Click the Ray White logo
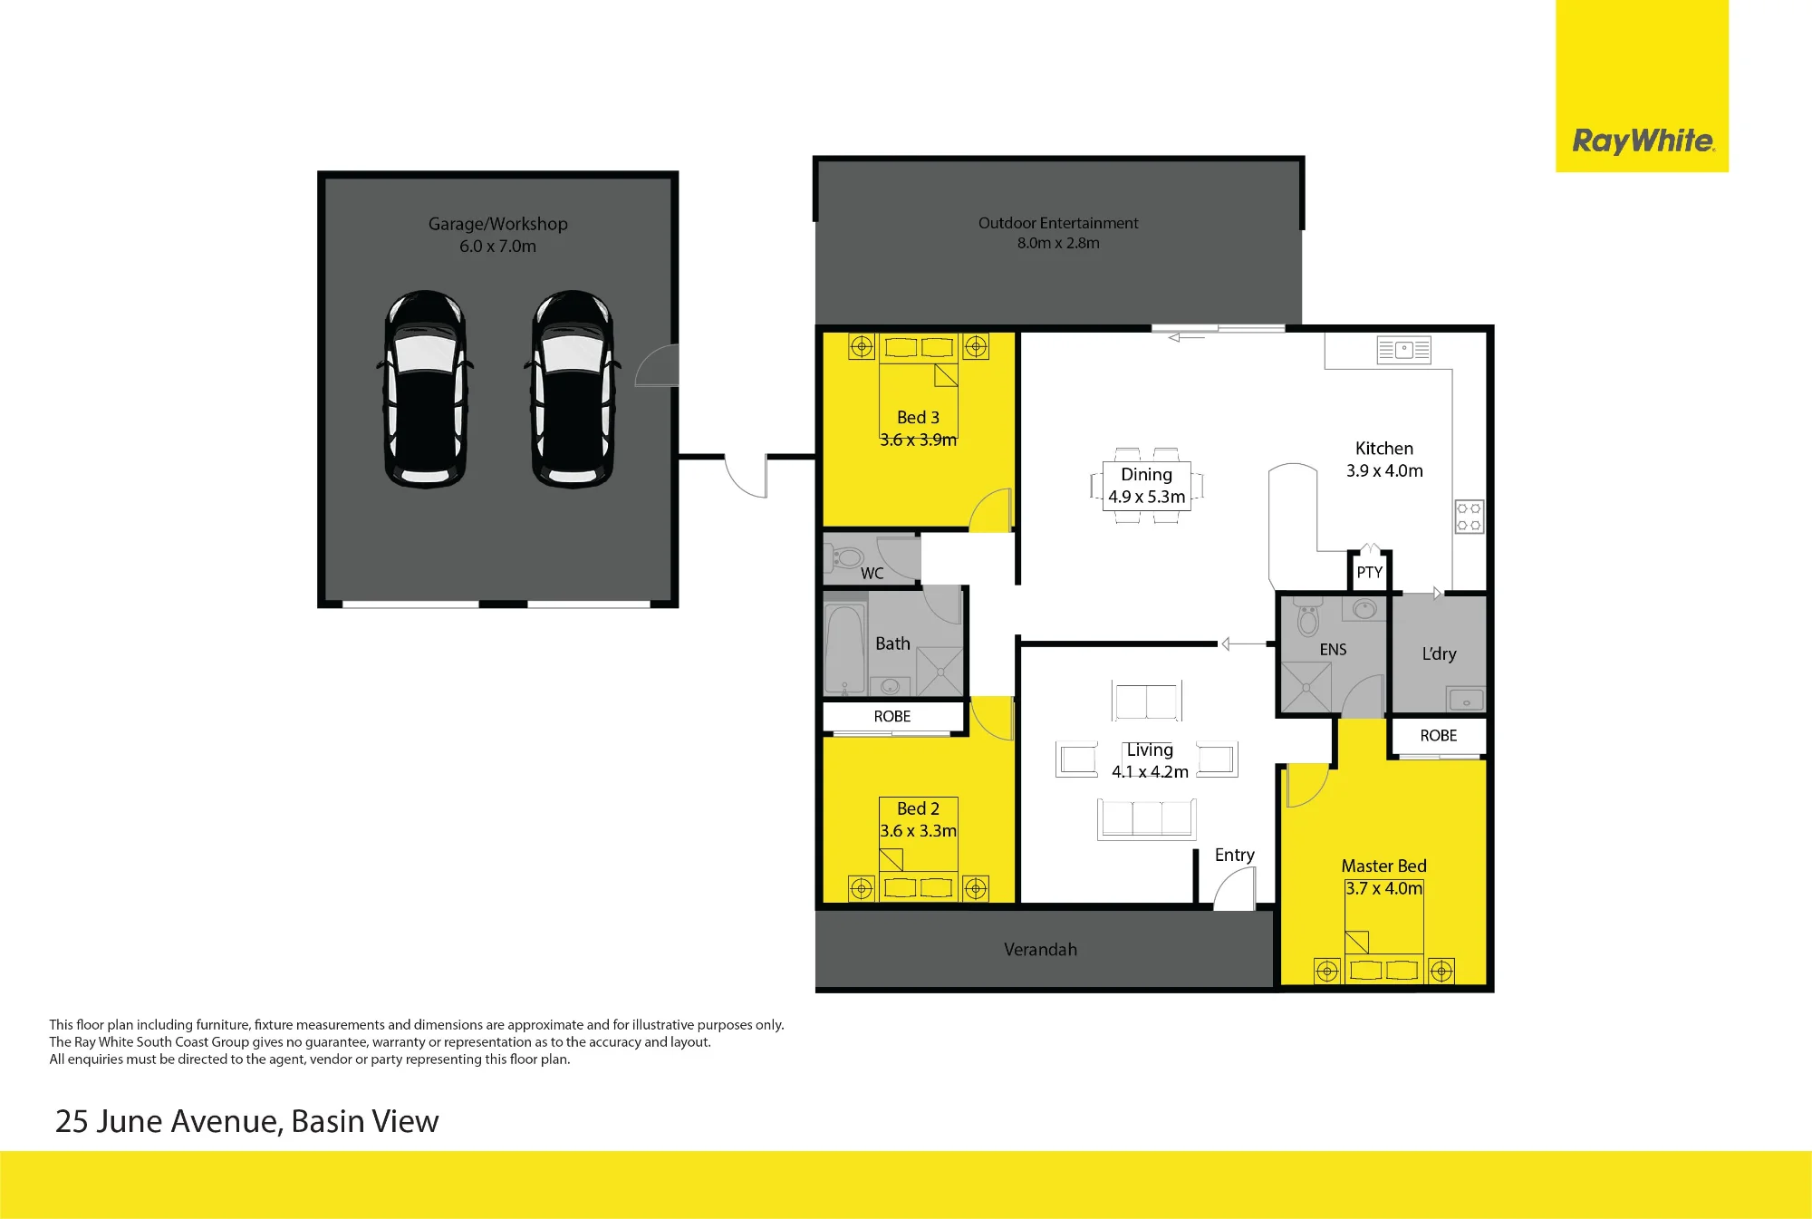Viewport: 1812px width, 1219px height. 1643,140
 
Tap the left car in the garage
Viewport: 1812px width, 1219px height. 425,389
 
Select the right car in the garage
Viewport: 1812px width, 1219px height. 573,389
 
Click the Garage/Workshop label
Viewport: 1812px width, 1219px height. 497,224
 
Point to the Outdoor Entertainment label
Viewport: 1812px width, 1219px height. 1058,223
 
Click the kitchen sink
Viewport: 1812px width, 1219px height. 1403,350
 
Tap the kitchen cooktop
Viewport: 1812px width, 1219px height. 1469,517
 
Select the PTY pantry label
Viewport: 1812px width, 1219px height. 1369,573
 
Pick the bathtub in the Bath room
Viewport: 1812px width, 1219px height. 844,650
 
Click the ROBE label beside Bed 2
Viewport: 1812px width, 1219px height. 892,716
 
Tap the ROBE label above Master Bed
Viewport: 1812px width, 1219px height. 1439,736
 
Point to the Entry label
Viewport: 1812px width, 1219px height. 1234,856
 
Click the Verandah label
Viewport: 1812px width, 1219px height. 1040,950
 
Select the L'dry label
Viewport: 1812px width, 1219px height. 1439,653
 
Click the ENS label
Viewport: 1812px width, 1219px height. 1333,650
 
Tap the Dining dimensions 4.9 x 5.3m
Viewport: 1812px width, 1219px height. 1146,497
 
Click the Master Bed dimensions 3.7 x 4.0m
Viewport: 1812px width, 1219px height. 1383,888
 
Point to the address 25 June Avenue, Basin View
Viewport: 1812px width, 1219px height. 246,1122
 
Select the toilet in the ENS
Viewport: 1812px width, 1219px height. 1307,616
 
